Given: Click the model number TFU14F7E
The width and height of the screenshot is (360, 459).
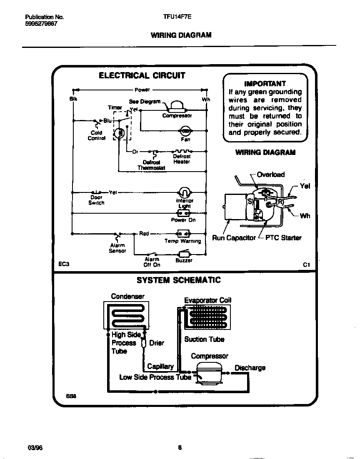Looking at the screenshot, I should tap(177, 17).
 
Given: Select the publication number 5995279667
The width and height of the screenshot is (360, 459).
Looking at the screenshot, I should tap(41, 24).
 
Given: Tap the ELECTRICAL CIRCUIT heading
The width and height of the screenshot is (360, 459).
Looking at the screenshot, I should tap(142, 75).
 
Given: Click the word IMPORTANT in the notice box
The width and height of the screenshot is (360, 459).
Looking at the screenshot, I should tap(265, 83).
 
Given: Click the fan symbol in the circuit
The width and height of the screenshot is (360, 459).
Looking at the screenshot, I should tap(185, 131).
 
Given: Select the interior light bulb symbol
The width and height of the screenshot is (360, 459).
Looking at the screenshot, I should tap(184, 192).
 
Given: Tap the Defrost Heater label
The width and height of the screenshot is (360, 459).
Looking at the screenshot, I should tap(182, 159).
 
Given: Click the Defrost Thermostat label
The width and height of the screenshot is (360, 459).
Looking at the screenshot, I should tap(151, 165).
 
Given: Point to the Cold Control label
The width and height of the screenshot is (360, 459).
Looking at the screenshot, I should tap(96, 136).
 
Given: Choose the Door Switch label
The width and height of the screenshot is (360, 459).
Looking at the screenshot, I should tap(96, 200).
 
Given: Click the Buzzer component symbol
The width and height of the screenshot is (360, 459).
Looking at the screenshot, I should tap(184, 254).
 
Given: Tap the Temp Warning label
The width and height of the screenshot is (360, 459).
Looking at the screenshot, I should tap(182, 241).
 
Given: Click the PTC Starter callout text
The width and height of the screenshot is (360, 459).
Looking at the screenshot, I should tap(283, 238).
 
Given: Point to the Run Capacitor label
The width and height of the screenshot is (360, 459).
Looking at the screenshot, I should tap(234, 238).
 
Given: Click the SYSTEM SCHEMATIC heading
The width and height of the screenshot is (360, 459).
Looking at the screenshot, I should tap(179, 280).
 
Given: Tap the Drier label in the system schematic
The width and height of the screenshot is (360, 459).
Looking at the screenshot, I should tap(156, 343).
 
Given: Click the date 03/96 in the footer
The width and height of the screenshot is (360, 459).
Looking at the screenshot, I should tap(35, 448).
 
